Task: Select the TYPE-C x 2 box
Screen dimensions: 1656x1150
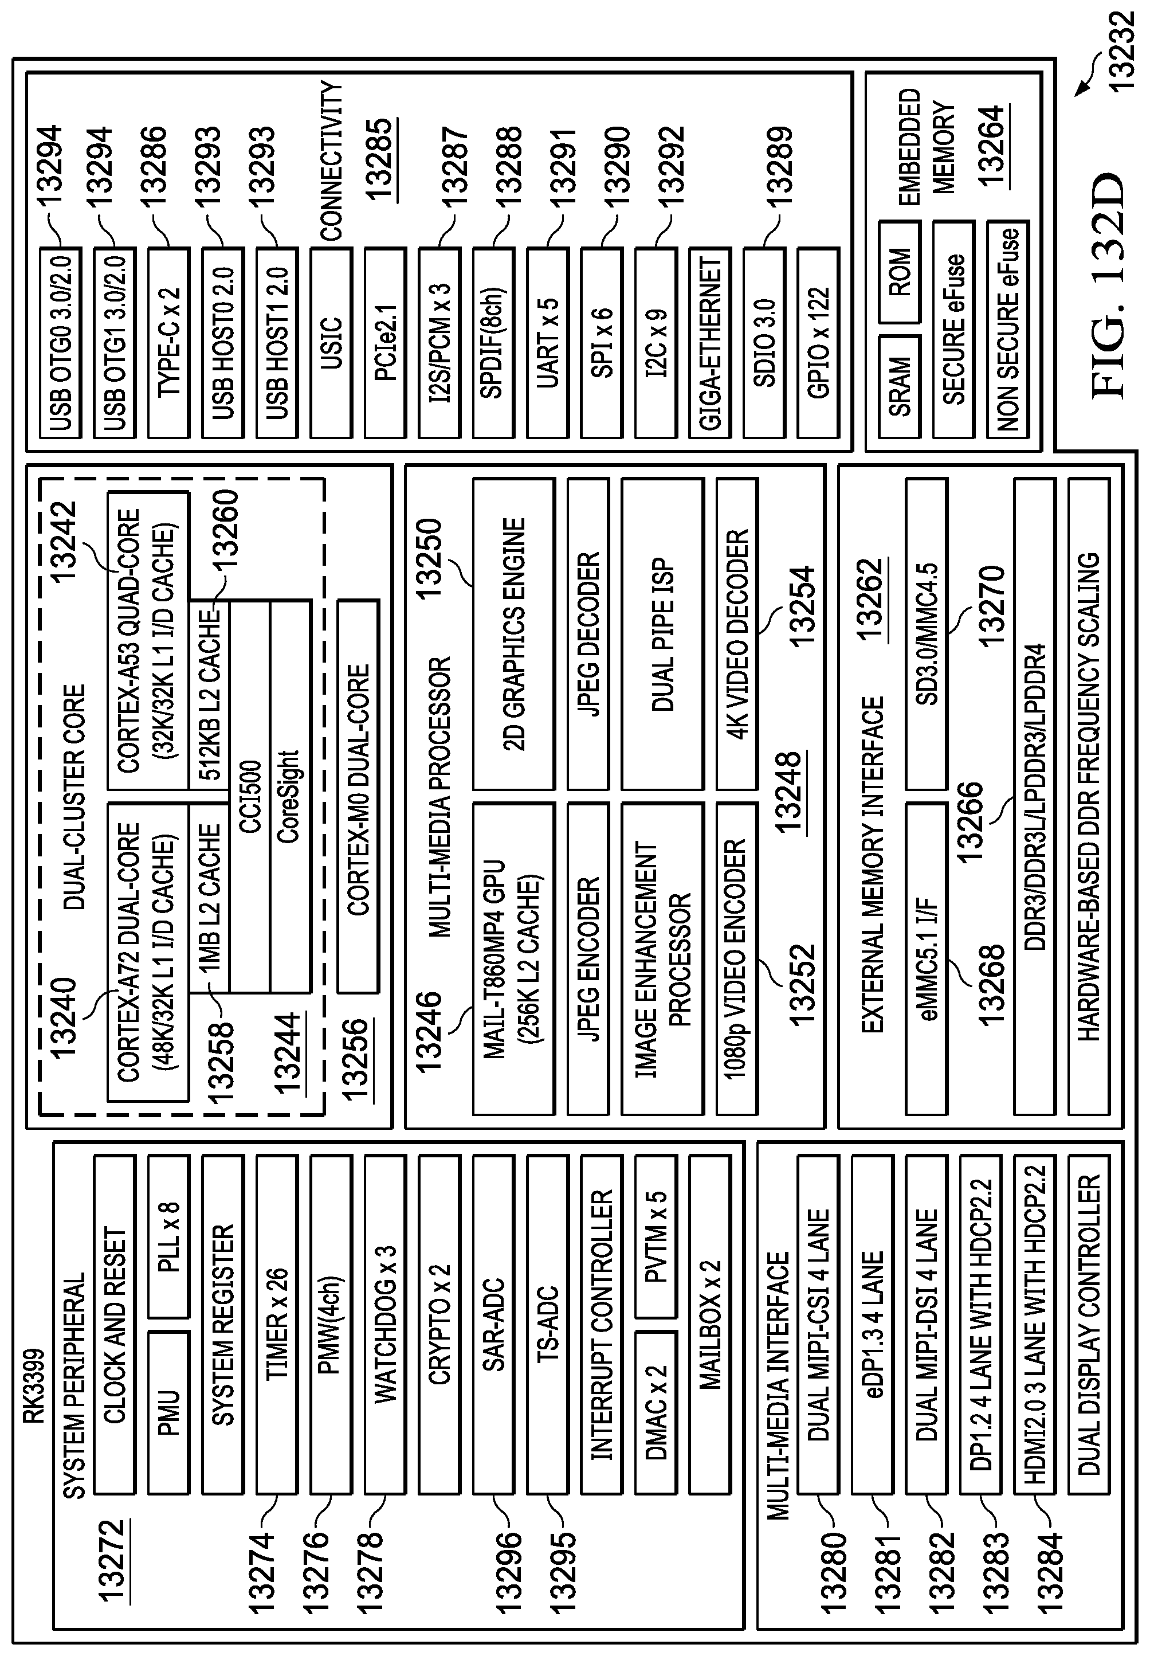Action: [x=168, y=343]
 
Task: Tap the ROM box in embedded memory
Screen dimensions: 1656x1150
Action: [x=899, y=272]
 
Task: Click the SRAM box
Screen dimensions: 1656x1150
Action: [x=899, y=387]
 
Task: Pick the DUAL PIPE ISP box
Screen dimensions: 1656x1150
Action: [x=662, y=634]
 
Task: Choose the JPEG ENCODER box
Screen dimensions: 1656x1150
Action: [x=588, y=958]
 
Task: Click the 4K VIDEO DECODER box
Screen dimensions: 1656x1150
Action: [x=737, y=634]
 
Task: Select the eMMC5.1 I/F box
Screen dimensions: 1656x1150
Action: [x=927, y=958]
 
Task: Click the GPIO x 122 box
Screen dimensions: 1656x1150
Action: [x=818, y=343]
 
